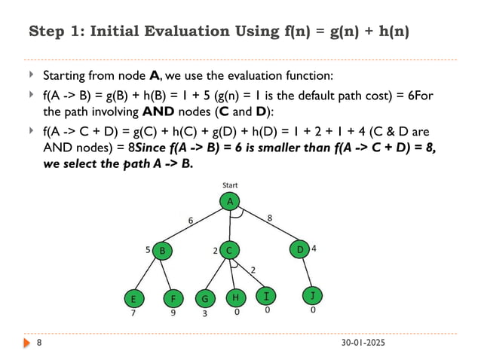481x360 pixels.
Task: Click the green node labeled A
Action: pyautogui.click(x=229, y=201)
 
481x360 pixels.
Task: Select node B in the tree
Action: pyautogui.click(x=161, y=249)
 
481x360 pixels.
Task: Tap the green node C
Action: pyautogui.click(x=229, y=249)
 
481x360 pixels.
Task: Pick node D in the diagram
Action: pyautogui.click(x=299, y=249)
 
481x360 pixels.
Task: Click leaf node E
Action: pyautogui.click(x=133, y=297)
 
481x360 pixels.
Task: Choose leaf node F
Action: pyautogui.click(x=173, y=297)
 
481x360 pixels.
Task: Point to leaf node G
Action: pyautogui.click(x=204, y=297)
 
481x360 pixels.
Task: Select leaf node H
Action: pyautogui.click(x=236, y=297)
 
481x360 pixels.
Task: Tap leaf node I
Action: pyautogui.click(x=266, y=296)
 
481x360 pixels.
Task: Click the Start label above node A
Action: pyautogui.click(x=230, y=185)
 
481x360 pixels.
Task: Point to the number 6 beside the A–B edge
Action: pyautogui.click(x=191, y=220)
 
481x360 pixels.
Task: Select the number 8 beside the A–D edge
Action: pyautogui.click(x=269, y=218)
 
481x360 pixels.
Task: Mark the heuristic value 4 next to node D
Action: pyautogui.click(x=314, y=248)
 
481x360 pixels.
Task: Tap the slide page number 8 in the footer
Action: pyautogui.click(x=40, y=343)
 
